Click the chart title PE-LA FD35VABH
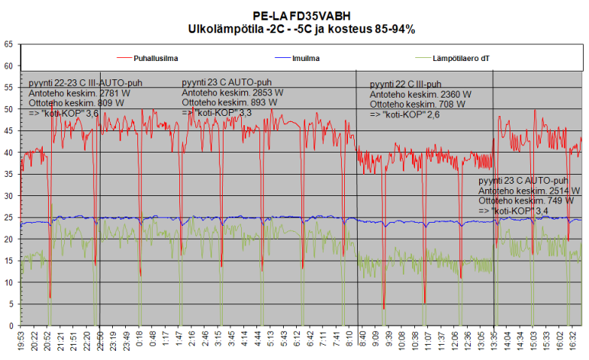point(301,15)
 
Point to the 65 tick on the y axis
point(8,44)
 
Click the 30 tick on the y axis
point(8,196)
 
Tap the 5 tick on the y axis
point(11,304)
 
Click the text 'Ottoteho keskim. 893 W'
point(227,102)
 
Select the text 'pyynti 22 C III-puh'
point(405,84)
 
